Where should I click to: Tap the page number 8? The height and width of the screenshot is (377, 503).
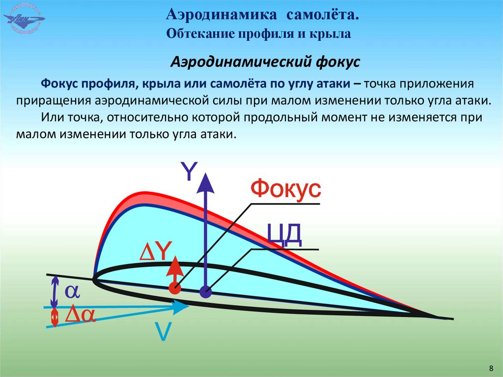491,368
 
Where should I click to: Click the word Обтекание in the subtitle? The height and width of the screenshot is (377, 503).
200,34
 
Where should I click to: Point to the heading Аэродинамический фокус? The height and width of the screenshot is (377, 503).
265,62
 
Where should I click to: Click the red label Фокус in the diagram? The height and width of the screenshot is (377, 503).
286,189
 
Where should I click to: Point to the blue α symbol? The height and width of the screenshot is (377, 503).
73,291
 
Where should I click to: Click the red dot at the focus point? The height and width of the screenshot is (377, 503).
173,289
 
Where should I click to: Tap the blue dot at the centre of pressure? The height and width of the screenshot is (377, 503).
206,292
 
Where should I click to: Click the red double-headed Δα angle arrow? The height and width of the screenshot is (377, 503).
55,317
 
